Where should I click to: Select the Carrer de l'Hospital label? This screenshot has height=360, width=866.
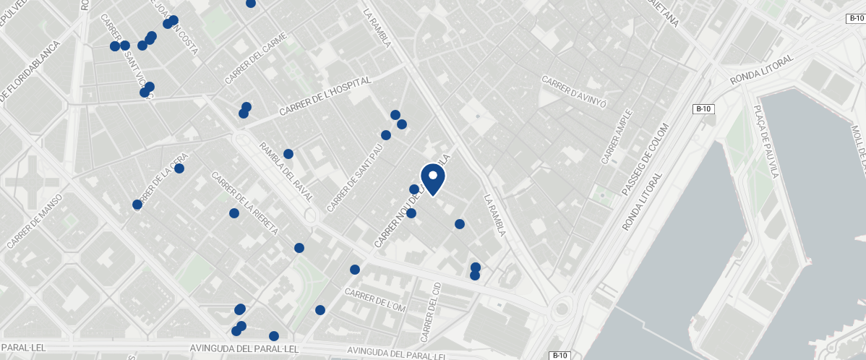click(325, 95)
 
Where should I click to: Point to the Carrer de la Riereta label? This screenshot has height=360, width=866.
click(244, 204)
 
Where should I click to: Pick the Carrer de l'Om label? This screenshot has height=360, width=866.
click(376, 301)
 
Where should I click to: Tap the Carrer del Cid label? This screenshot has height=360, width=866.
click(429, 312)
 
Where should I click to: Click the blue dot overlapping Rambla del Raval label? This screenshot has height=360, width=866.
click(288, 154)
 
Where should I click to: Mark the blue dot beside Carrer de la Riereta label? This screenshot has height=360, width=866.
click(234, 213)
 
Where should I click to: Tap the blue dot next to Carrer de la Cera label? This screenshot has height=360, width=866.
click(179, 168)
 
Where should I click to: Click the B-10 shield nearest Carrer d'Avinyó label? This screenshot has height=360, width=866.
click(704, 109)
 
